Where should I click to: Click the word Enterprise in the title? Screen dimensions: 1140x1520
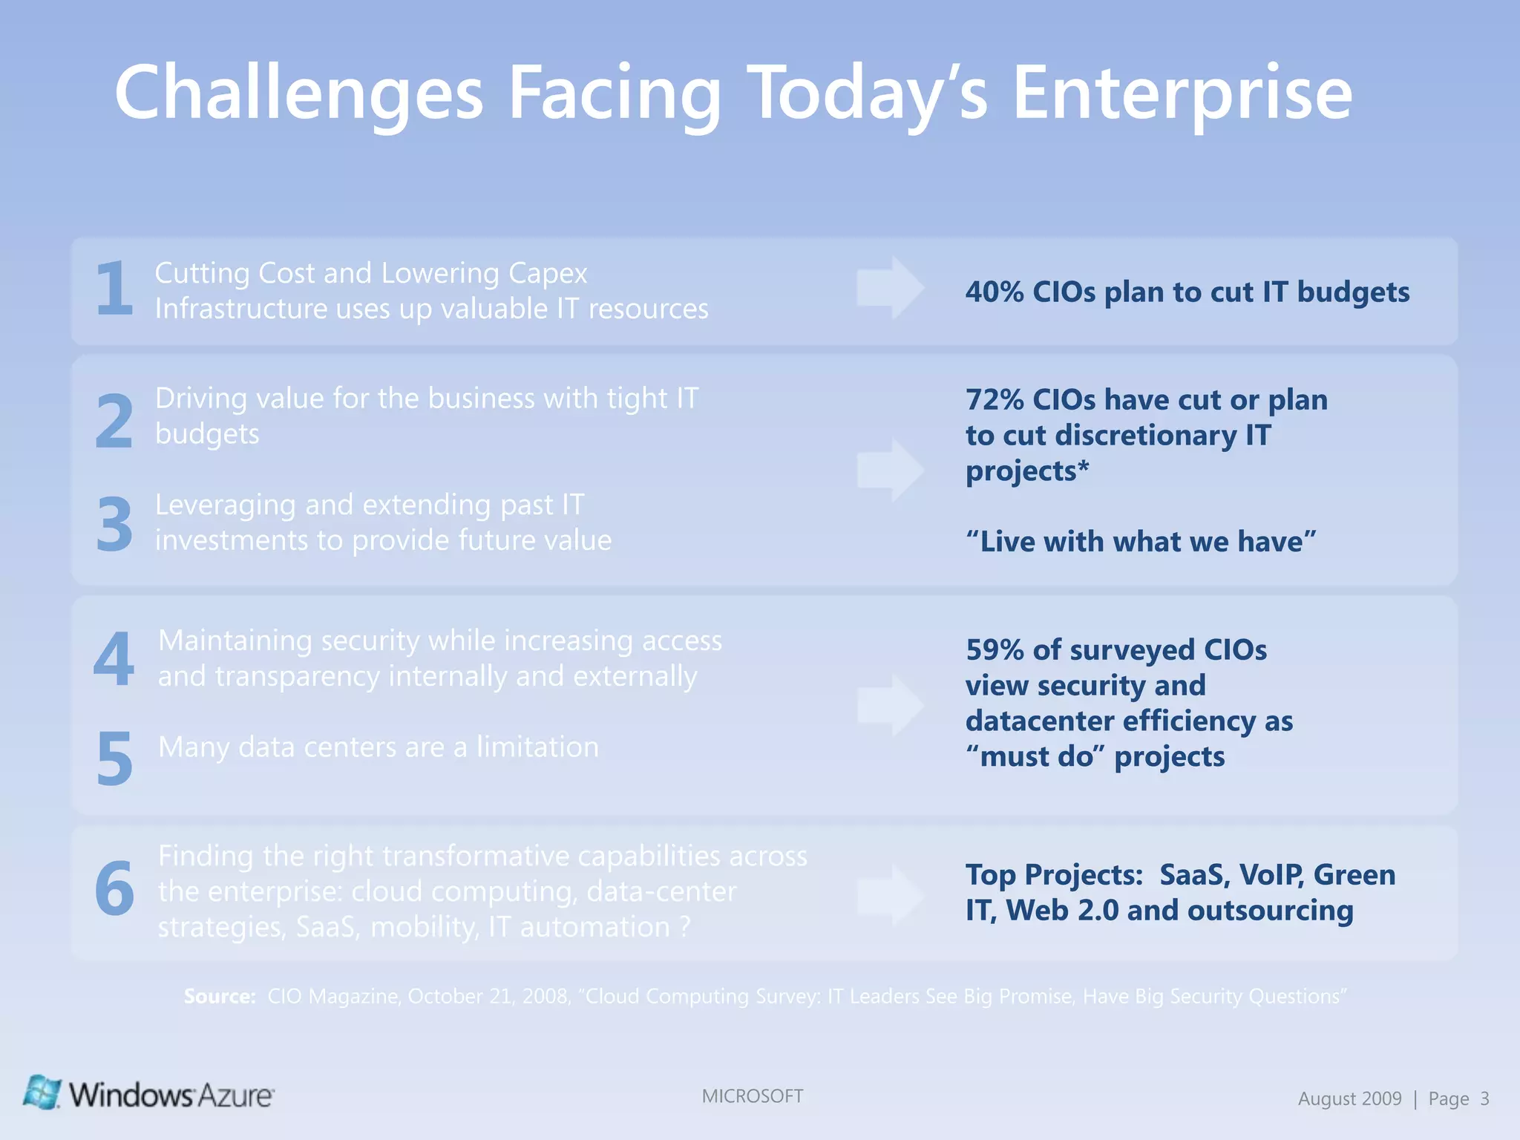[x=1182, y=94]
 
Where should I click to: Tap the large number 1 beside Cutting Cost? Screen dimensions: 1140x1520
[x=114, y=289]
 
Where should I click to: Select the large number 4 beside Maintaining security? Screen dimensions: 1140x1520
[x=114, y=659]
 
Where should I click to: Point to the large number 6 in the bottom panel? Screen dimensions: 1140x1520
[x=114, y=889]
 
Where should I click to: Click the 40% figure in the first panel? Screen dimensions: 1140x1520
[x=995, y=292]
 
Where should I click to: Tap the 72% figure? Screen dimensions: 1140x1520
[x=995, y=400]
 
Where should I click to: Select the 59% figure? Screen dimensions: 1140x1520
[x=995, y=650]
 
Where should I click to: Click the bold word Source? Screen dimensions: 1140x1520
[x=219, y=996]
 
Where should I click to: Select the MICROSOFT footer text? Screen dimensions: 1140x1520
[x=752, y=1096]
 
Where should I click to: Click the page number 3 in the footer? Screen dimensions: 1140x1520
[x=1484, y=1098]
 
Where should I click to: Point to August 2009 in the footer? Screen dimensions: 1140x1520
[x=1349, y=1098]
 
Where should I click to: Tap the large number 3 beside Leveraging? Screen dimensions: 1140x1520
[x=114, y=525]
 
